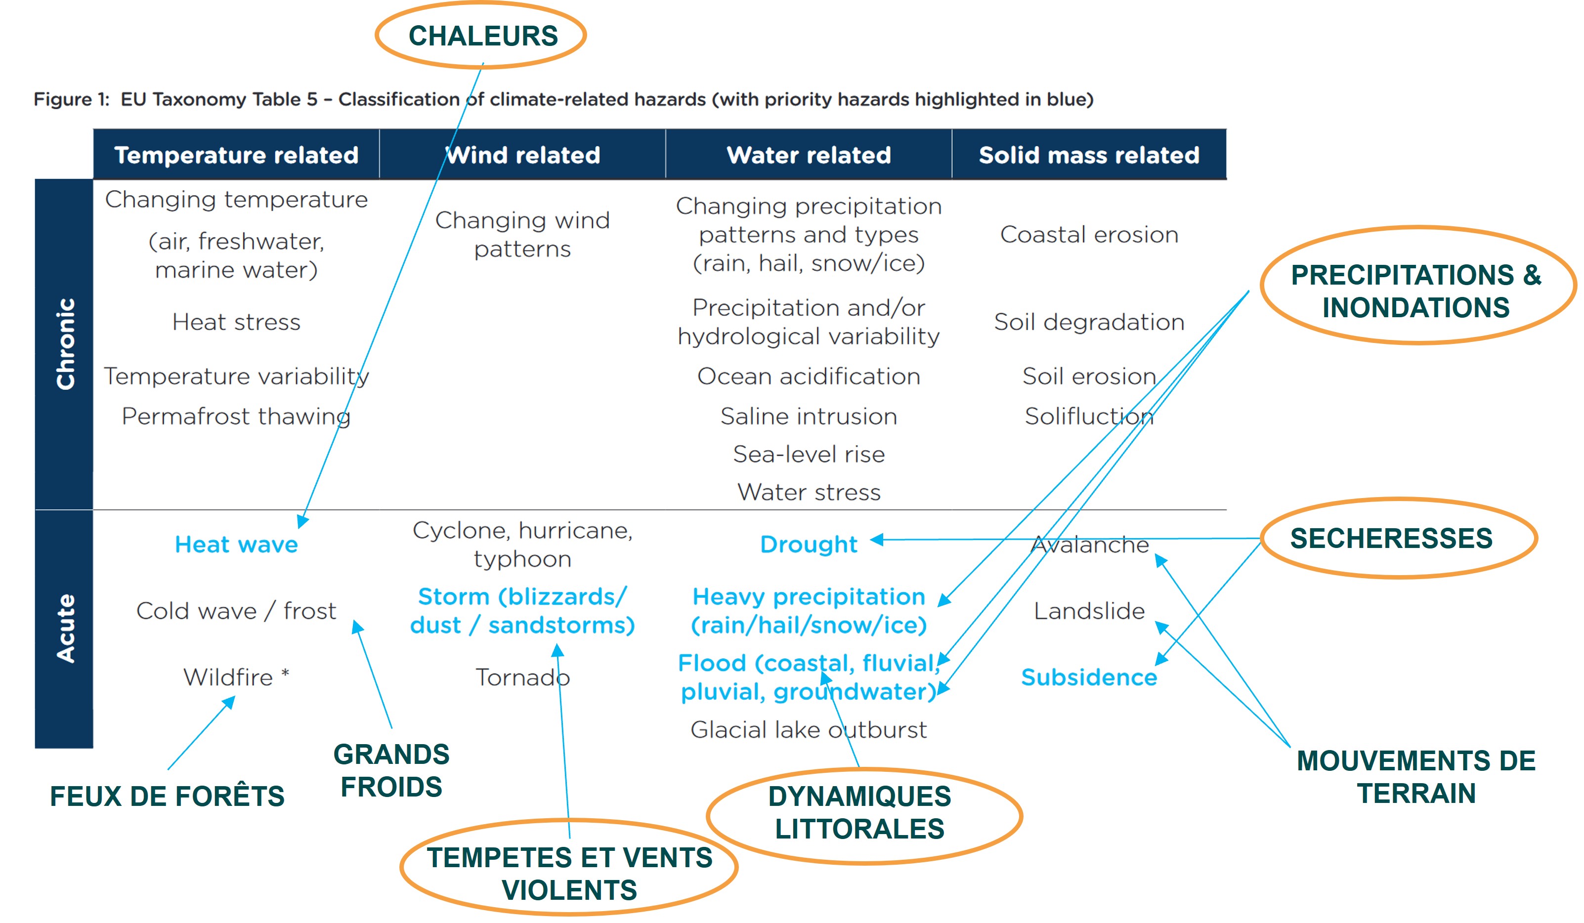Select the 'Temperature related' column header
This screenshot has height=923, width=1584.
click(236, 155)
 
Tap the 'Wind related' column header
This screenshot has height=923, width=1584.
click(523, 155)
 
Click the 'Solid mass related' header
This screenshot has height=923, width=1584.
click(1089, 155)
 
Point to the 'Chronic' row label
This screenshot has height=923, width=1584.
click(65, 344)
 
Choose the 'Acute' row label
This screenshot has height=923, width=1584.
click(65, 629)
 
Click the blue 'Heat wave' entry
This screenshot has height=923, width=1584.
click(236, 544)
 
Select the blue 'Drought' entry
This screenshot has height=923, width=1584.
click(809, 544)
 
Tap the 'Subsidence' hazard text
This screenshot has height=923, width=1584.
click(1089, 677)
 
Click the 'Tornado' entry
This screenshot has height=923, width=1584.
click(522, 677)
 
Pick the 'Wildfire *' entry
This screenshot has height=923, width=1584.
click(236, 677)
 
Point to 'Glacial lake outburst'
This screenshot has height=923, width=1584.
click(809, 729)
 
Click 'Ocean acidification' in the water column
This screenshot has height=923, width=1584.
click(809, 377)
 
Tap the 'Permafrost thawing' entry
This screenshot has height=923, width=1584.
click(236, 416)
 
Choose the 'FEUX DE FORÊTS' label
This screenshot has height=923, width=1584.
click(167, 796)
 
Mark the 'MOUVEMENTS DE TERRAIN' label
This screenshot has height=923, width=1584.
click(1415, 777)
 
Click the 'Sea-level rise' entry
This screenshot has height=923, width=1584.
click(809, 454)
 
